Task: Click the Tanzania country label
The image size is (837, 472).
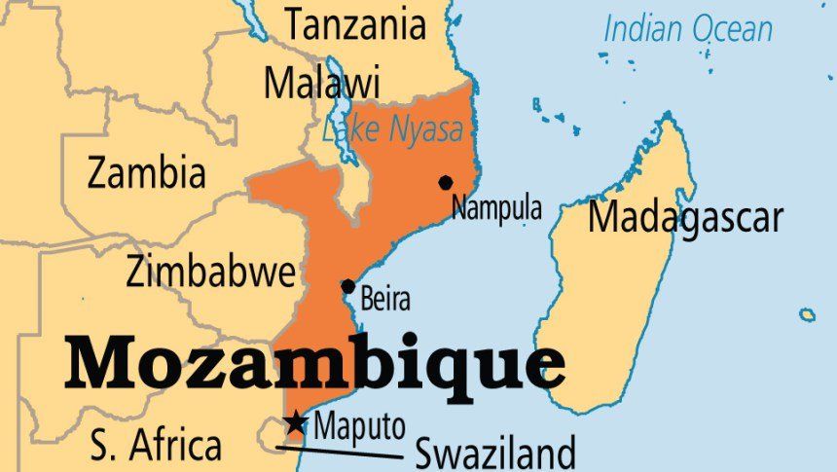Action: point(355,24)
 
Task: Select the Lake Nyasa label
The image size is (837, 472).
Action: point(391,130)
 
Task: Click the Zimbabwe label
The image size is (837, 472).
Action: point(210,272)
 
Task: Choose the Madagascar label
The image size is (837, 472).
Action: point(684,217)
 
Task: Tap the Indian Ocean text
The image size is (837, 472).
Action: point(688,29)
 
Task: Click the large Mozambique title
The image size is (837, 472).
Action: point(314,363)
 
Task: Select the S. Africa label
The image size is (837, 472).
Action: point(155,447)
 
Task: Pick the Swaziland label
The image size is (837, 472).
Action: point(495,453)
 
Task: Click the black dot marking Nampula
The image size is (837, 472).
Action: point(446,182)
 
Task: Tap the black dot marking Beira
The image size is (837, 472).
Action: point(347,286)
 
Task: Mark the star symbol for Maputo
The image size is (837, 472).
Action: point(295,423)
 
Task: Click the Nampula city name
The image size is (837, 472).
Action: point(496,208)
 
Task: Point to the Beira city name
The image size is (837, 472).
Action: point(385,300)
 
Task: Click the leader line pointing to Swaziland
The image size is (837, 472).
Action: point(341,451)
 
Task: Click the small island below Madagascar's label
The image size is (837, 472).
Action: point(807,314)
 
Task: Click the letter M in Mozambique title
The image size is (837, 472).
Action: point(110,363)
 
